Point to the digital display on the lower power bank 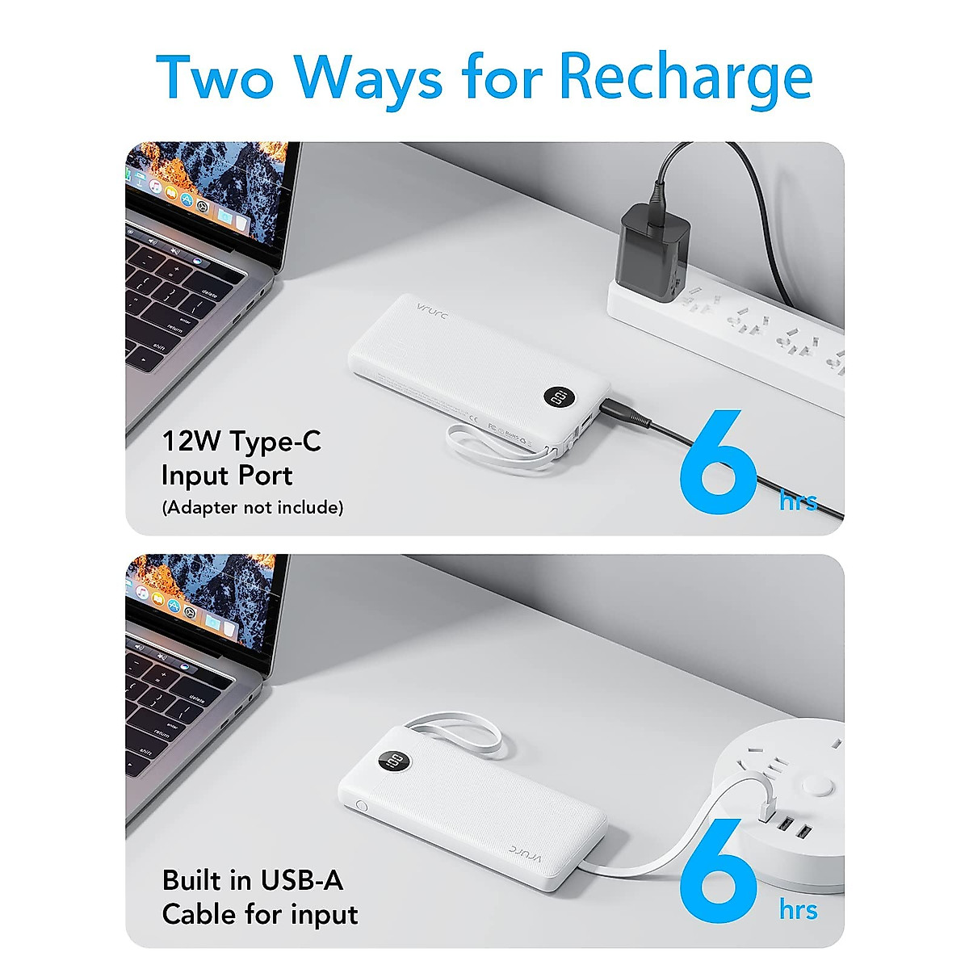click(395, 761)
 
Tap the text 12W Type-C click(241, 441)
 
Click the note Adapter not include click(252, 507)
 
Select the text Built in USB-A click(252, 879)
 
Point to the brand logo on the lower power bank click(529, 851)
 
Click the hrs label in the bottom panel click(798, 910)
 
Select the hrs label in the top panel click(798, 501)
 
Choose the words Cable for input click(259, 914)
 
